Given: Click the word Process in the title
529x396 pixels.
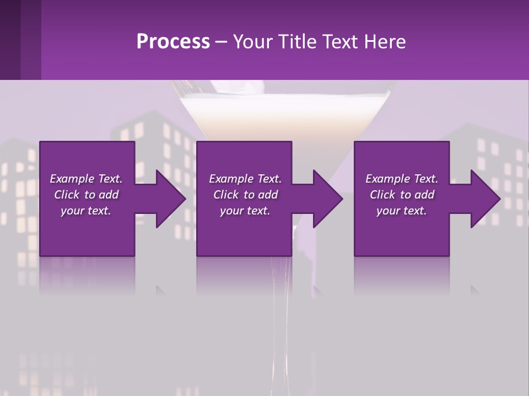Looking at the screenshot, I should tap(173, 42).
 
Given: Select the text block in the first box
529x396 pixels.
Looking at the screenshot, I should tap(86, 195).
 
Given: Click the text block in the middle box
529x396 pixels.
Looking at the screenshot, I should tap(245, 195).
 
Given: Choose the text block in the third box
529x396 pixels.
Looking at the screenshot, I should tap(402, 195).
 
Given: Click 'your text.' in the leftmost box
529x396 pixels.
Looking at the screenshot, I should tap(86, 211).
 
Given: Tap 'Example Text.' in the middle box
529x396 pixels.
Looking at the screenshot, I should tap(245, 179).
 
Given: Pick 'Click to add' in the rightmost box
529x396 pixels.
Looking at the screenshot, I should tap(402, 195).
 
